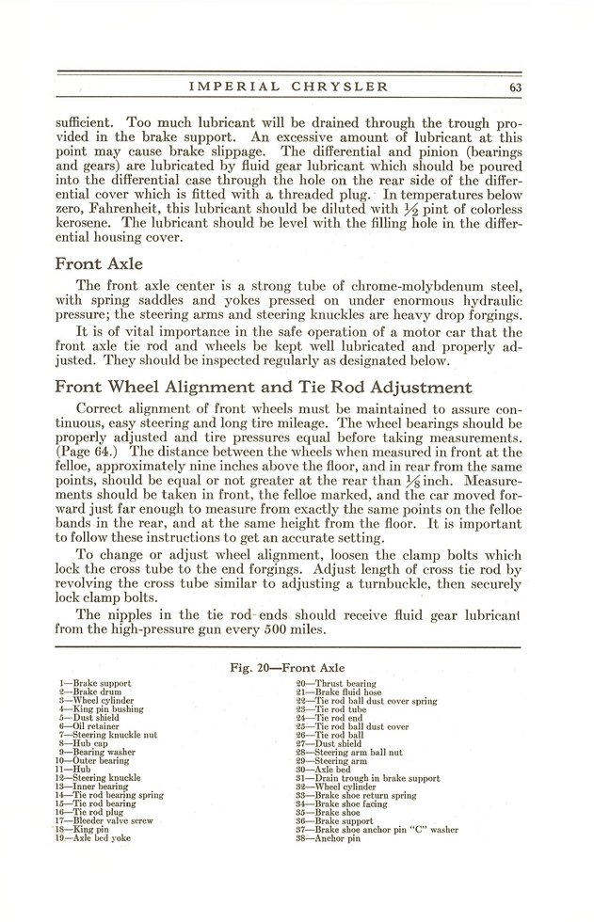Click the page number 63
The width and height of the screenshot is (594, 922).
click(x=514, y=88)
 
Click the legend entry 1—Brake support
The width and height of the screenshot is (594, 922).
click(x=94, y=683)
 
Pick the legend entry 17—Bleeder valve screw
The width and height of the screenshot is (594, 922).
click(x=104, y=821)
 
